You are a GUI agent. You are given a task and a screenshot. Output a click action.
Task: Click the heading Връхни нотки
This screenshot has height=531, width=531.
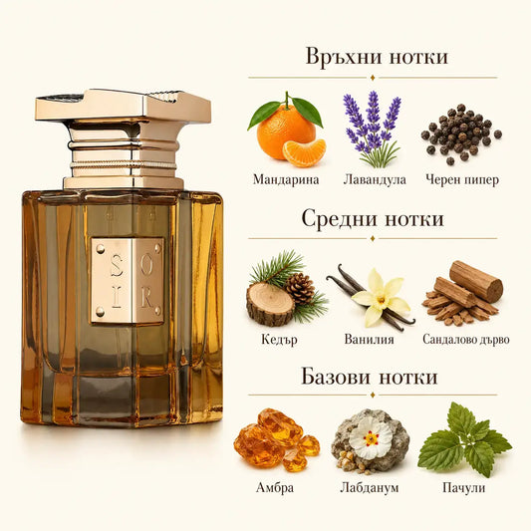click(x=377, y=56)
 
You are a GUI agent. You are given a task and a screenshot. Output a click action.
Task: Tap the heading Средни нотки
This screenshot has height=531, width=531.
click(x=373, y=218)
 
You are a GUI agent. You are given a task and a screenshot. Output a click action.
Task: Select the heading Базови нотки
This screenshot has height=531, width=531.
click(x=370, y=377)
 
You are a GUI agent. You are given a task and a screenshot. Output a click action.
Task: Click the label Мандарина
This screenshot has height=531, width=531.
click(x=286, y=179)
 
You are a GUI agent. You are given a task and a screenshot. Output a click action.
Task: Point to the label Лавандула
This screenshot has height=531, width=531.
click(x=375, y=179)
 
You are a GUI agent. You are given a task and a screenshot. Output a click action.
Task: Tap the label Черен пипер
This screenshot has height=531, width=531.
click(x=462, y=179)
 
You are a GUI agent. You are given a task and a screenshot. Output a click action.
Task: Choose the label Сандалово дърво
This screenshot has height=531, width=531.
click(x=466, y=339)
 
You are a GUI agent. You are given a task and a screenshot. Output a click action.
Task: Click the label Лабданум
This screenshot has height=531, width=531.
click(x=370, y=487)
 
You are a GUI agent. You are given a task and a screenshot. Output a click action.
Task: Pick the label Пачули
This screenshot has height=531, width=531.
click(x=463, y=488)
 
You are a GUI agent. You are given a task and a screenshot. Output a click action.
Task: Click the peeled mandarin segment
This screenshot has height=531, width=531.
click(x=304, y=153)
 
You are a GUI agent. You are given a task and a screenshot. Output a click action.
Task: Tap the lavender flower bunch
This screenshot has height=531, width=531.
click(x=373, y=129)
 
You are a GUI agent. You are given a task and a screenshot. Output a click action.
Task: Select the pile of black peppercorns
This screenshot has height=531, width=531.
click(x=461, y=134)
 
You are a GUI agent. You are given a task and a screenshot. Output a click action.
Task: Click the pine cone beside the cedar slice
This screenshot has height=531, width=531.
click(x=301, y=289)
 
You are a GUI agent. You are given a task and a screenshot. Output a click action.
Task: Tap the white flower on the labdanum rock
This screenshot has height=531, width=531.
click(x=371, y=438)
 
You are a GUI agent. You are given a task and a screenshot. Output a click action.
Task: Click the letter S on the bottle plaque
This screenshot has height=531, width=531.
click(x=117, y=265)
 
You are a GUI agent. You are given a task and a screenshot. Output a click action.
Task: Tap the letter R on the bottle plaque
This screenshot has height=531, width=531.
click(x=147, y=297)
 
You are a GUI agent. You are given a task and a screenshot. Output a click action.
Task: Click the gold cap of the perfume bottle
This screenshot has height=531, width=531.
click(x=123, y=138)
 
